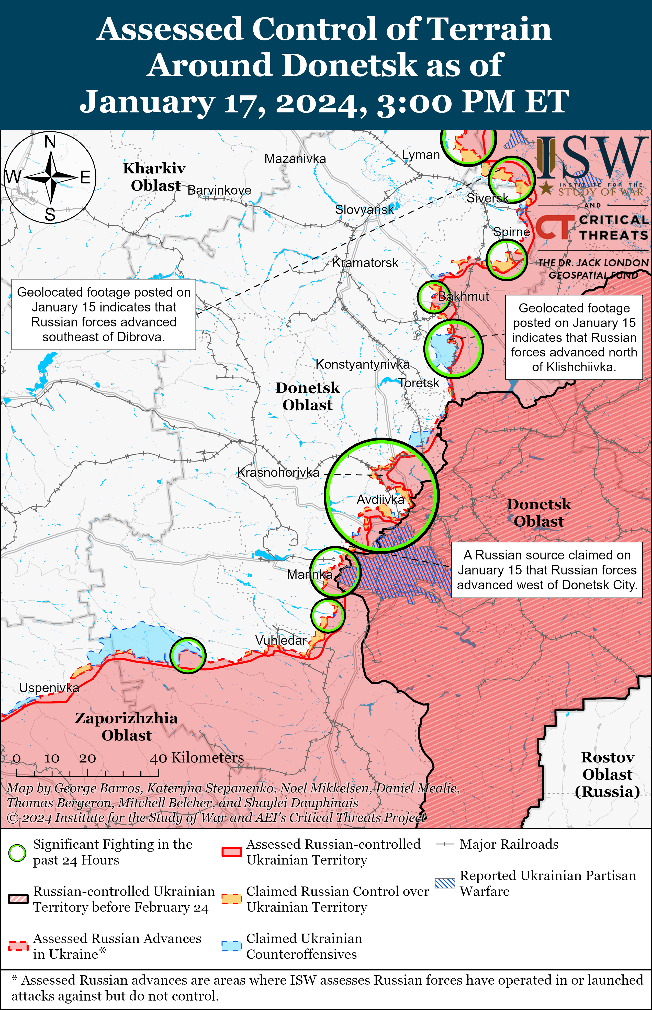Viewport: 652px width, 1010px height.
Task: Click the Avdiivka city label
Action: pyautogui.click(x=380, y=500)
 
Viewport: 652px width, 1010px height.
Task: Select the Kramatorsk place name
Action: pyautogui.click(x=365, y=263)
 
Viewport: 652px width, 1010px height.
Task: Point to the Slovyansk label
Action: pyautogui.click(x=364, y=209)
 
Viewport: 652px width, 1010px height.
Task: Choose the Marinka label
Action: pyautogui.click(x=309, y=575)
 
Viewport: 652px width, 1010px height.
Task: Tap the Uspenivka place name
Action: pyautogui.click(x=49, y=688)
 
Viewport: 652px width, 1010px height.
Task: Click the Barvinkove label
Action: pyautogui.click(x=219, y=190)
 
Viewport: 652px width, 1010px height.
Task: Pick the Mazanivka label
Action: pyautogui.click(x=295, y=159)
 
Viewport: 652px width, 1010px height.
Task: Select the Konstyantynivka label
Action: pyautogui.click(x=362, y=364)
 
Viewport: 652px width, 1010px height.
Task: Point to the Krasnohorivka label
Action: pyautogui.click(x=278, y=473)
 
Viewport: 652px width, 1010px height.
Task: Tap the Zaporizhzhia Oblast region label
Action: pyautogui.click(x=126, y=726)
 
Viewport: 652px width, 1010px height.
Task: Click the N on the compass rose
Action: pyautogui.click(x=50, y=141)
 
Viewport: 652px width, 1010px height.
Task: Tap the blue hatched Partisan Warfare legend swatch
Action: pyautogui.click(x=445, y=883)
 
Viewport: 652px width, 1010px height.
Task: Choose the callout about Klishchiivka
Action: pyautogui.click(x=574, y=337)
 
